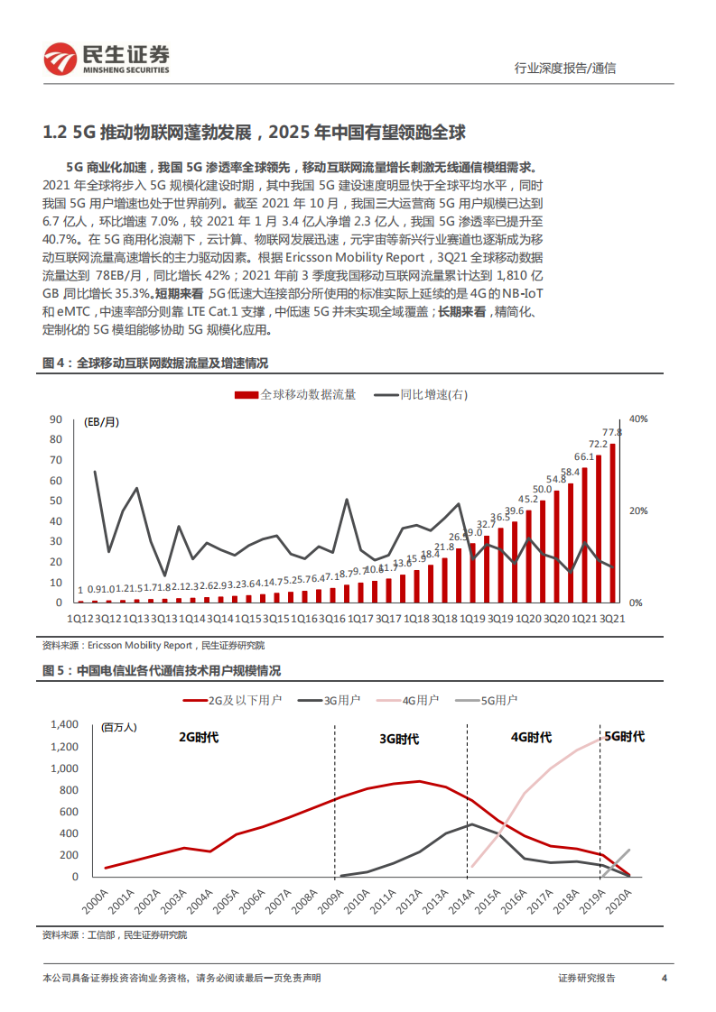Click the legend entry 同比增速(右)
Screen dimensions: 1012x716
click(x=423, y=394)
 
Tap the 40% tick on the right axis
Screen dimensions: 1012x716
click(x=638, y=419)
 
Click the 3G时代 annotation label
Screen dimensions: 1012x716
click(x=398, y=739)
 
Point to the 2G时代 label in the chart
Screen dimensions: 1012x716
click(x=199, y=737)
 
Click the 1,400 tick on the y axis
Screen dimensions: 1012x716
click(x=67, y=724)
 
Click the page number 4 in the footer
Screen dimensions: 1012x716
click(x=665, y=978)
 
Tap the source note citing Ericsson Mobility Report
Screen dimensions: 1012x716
click(x=153, y=645)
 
